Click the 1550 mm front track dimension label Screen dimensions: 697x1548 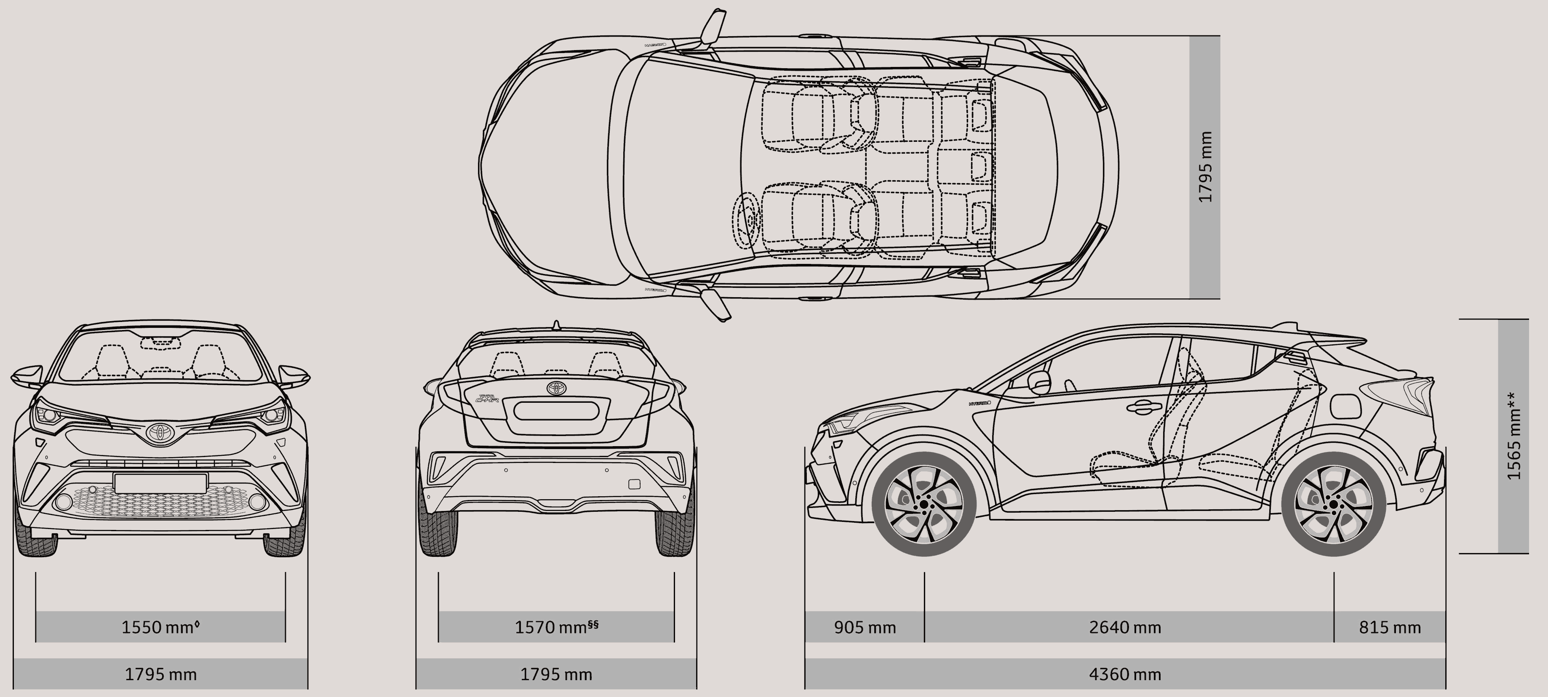click(x=160, y=627)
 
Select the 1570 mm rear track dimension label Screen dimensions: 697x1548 click(x=556, y=627)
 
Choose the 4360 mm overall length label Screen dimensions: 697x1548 click(x=1125, y=674)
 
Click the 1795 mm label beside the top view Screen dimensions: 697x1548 click(x=1205, y=167)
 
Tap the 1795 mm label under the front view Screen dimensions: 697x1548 click(x=160, y=674)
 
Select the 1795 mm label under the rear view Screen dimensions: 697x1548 click(x=556, y=674)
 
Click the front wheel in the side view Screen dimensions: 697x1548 click(x=923, y=503)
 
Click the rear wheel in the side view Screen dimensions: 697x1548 click(x=1334, y=503)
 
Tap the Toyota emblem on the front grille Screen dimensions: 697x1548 click(x=160, y=433)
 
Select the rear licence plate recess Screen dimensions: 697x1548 click(x=556, y=411)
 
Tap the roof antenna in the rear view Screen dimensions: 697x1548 click(x=556, y=325)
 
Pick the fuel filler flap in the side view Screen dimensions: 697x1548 click(x=1345, y=406)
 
